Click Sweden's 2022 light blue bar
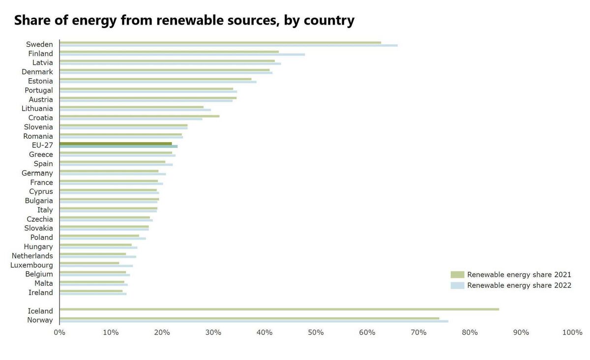[229, 45]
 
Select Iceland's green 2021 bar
[279, 309]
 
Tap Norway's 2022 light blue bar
[254, 321]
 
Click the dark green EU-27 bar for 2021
[116, 144]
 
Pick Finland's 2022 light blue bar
[182, 55]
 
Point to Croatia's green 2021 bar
[139, 116]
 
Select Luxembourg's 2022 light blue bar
[96, 266]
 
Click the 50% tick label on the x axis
[316, 332]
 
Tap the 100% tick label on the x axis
[572, 332]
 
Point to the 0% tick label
[59, 332]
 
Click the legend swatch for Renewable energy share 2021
[457, 274]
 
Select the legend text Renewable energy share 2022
[519, 285]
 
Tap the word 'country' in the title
[329, 21]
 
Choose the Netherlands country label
[32, 256]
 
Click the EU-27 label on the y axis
[42, 146]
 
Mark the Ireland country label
[40, 293]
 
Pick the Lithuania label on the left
[37, 109]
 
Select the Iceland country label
[40, 311]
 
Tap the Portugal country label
[39, 90]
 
